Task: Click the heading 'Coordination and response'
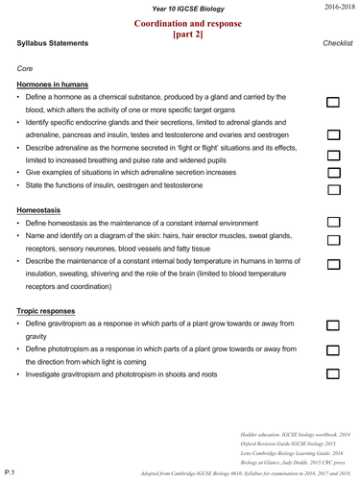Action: (181, 22)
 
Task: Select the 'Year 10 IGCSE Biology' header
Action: (180, 8)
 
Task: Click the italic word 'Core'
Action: (25, 68)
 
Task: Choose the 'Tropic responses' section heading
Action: (49, 310)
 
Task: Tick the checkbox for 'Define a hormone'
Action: (333, 101)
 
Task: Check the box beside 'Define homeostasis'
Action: (333, 222)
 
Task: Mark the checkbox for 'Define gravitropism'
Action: (333, 326)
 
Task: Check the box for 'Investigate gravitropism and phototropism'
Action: (333, 373)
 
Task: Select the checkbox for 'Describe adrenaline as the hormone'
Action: (333, 155)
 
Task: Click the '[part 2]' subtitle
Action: (181, 34)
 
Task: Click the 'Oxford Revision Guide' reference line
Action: (295, 444)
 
